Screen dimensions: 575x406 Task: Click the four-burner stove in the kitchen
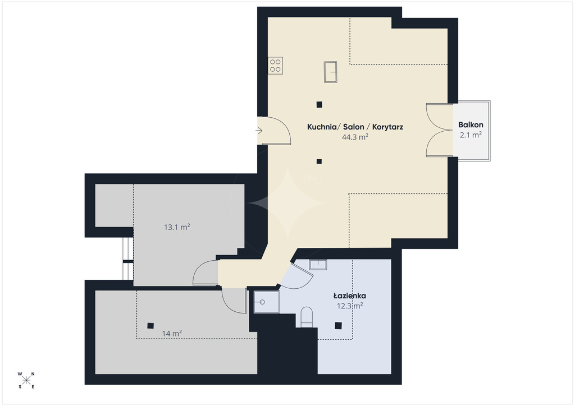click(275, 66)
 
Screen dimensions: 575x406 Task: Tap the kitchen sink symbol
click(330, 72)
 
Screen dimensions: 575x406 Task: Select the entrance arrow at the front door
click(259, 131)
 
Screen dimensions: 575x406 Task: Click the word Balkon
click(471, 125)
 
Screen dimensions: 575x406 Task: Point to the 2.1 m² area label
click(471, 135)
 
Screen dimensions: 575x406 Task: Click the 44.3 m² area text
click(355, 137)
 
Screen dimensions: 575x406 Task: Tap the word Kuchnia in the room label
click(322, 127)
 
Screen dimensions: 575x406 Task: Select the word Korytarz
click(387, 127)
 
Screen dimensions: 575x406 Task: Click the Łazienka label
click(349, 296)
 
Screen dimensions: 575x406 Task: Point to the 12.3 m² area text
click(350, 306)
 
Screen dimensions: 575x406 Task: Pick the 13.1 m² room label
click(177, 227)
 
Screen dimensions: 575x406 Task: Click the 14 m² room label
click(172, 334)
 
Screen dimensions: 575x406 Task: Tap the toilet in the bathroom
click(307, 317)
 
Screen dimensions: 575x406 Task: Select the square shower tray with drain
click(267, 302)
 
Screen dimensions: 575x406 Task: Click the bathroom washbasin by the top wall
click(318, 264)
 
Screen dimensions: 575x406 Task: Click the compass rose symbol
click(26, 380)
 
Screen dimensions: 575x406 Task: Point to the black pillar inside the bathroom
click(339, 325)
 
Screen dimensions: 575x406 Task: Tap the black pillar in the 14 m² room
click(150, 325)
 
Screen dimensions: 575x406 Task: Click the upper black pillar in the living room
click(320, 105)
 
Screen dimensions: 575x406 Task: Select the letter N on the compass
click(33, 374)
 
